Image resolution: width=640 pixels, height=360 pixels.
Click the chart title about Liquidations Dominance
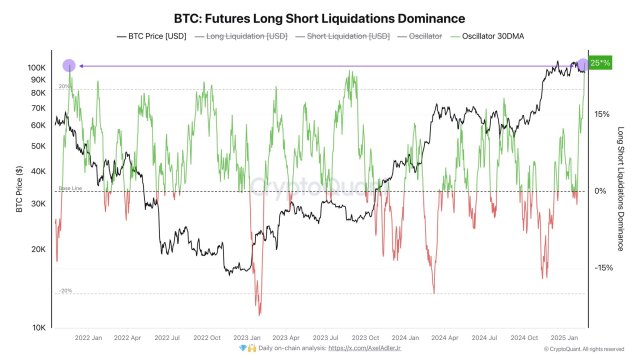(320, 17)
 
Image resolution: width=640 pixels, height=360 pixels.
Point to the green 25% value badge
(600, 63)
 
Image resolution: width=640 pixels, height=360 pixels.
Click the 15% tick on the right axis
(601, 114)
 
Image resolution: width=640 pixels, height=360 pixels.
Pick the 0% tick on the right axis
(601, 191)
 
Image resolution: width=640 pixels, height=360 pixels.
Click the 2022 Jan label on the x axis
(89, 338)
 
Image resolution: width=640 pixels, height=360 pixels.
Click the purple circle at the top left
(69, 65)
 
